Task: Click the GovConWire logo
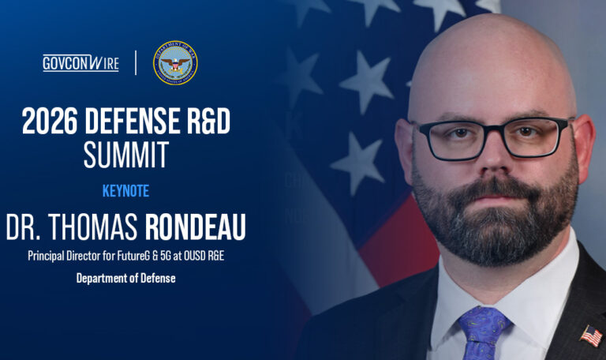tap(80, 63)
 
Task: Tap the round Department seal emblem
tap(175, 62)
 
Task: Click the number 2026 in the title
tap(49, 122)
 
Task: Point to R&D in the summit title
tap(208, 122)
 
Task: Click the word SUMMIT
tap(126, 155)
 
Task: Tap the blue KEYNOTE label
tap(125, 191)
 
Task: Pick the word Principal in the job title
tap(47, 256)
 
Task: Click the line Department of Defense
tap(125, 278)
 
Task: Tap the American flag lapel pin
tap(590, 336)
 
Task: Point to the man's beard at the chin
tap(493, 237)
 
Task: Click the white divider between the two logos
tap(136, 63)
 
